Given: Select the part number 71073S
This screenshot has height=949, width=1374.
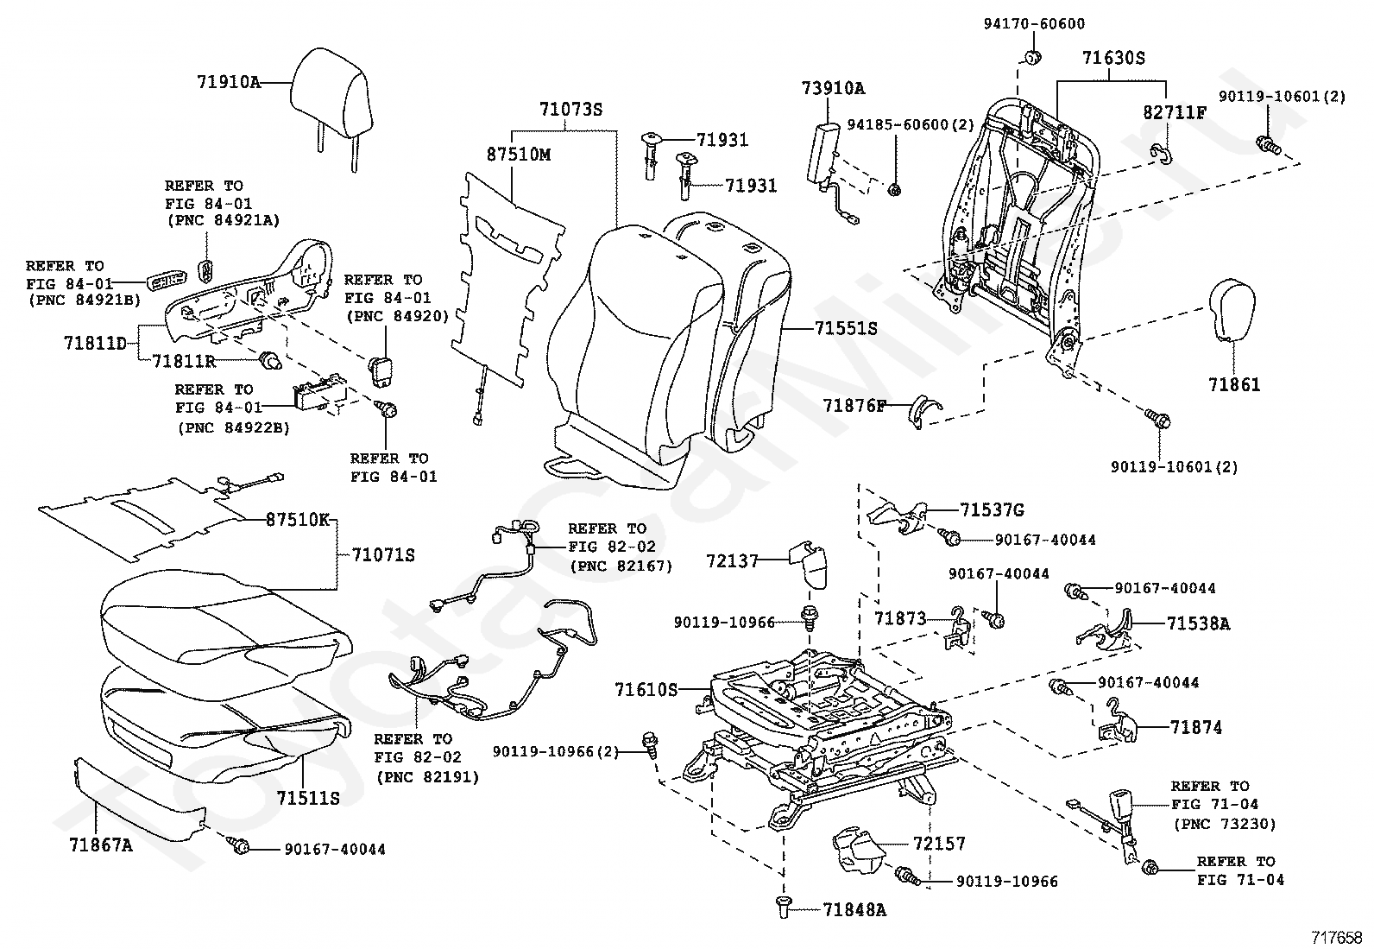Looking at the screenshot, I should [x=570, y=110].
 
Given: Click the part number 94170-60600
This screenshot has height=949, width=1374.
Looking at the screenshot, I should [x=1034, y=24].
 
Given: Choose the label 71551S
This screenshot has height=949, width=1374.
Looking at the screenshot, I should [x=846, y=328].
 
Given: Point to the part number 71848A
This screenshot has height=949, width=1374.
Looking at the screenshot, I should [x=854, y=909].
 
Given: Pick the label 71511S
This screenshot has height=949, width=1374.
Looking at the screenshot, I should [x=308, y=797].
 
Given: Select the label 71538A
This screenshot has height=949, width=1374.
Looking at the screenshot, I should [x=1198, y=622].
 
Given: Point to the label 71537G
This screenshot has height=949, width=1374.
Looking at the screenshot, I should [x=992, y=509].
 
